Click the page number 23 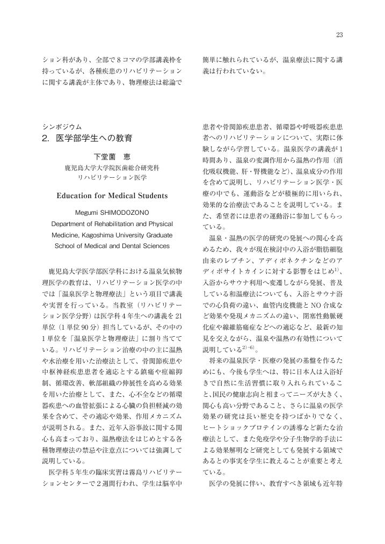(x=339, y=35)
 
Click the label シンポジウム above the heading (x=62, y=127)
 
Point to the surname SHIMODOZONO (x=124, y=213)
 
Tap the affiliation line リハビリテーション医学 (x=112, y=177)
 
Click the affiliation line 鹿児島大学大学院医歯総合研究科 (x=112, y=168)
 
